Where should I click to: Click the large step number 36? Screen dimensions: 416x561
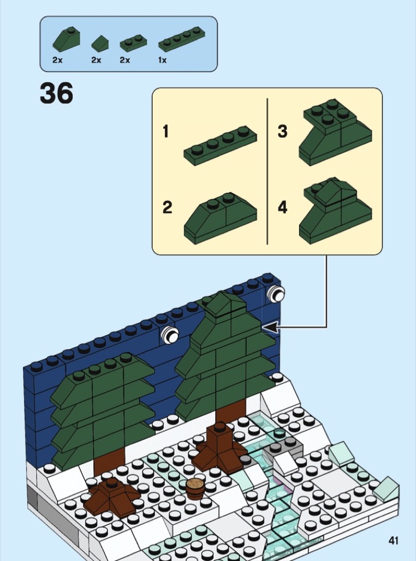click(x=57, y=93)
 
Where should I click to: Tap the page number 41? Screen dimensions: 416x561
click(x=394, y=540)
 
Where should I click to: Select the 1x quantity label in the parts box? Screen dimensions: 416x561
click(x=162, y=60)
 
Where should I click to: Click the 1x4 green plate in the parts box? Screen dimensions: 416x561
click(x=182, y=39)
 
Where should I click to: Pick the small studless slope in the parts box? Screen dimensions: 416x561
click(x=100, y=44)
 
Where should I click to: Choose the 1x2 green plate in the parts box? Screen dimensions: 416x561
click(x=134, y=43)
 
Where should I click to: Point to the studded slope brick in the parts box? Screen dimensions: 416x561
click(x=66, y=40)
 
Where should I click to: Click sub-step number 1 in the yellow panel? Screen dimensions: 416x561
click(x=166, y=131)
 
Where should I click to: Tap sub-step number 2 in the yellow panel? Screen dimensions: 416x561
click(x=167, y=207)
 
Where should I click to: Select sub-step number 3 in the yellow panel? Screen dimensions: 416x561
click(x=282, y=131)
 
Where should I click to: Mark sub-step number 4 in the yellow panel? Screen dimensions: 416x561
click(x=282, y=207)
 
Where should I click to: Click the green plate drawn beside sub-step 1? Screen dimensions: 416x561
click(x=221, y=146)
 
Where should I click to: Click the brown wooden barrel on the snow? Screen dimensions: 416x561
click(x=195, y=489)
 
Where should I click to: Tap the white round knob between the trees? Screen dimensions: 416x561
click(x=169, y=335)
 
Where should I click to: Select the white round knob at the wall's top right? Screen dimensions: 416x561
click(x=276, y=294)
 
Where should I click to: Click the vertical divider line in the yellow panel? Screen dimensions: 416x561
click(x=267, y=171)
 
